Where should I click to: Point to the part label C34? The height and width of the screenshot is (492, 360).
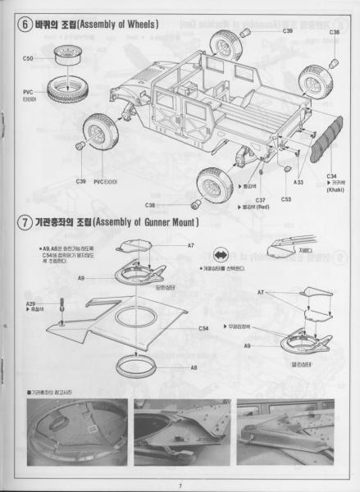coord(331,175)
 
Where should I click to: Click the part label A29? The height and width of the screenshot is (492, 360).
coord(30,304)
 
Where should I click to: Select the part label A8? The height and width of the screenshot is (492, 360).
coord(194,368)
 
